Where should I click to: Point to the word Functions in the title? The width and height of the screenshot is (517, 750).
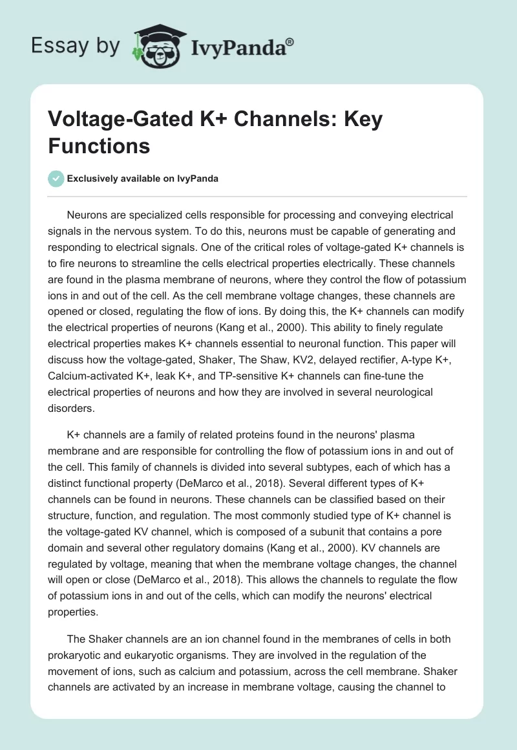tap(99, 145)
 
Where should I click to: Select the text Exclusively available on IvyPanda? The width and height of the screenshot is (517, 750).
tap(142, 178)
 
